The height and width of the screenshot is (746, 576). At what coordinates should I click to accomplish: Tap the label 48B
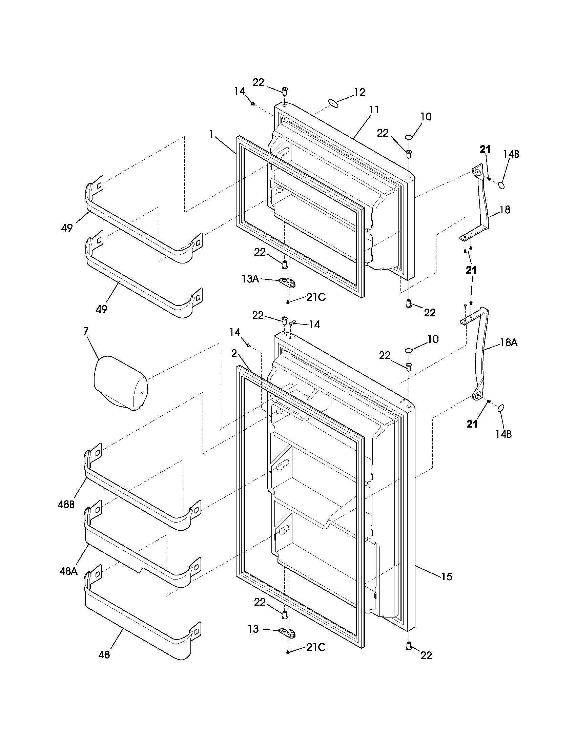(66, 504)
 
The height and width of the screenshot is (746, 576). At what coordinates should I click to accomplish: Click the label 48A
(68, 571)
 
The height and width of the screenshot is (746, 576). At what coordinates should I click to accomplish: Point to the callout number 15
(446, 576)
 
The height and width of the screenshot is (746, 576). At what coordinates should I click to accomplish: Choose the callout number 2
(234, 353)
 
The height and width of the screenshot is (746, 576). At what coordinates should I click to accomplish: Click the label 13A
(250, 279)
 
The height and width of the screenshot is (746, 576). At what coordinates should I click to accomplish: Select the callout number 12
(359, 92)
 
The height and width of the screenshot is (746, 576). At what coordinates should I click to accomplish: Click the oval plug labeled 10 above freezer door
(409, 137)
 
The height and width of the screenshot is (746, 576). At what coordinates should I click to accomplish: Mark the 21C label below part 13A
(316, 297)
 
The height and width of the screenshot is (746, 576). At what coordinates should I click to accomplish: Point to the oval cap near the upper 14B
(501, 185)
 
